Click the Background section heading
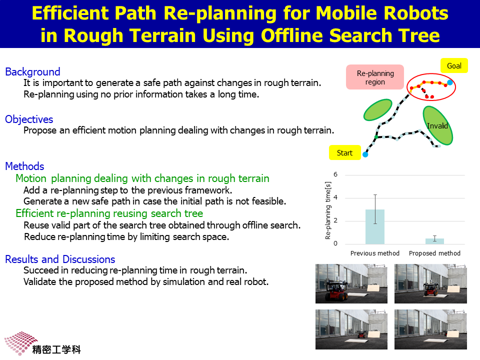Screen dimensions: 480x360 point(33,71)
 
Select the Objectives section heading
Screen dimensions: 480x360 point(29,119)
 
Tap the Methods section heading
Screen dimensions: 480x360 point(25,166)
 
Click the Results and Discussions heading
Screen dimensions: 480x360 point(60,259)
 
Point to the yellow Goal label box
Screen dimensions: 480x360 point(454,65)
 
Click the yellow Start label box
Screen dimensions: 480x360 point(345,153)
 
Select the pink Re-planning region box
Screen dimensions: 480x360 point(375,77)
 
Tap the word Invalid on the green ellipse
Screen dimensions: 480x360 point(437,126)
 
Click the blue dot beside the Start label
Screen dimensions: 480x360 point(365,154)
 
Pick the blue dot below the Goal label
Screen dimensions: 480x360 point(449,82)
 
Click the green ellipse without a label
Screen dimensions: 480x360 point(378,109)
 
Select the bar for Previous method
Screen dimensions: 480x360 point(375,227)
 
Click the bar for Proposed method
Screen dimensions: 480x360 point(434,241)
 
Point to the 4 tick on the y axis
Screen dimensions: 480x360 point(335,198)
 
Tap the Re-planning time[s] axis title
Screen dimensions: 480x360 point(328,210)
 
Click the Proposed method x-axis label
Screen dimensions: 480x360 point(434,253)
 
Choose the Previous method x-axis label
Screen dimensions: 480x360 point(375,253)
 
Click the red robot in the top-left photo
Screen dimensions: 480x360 point(336,289)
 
